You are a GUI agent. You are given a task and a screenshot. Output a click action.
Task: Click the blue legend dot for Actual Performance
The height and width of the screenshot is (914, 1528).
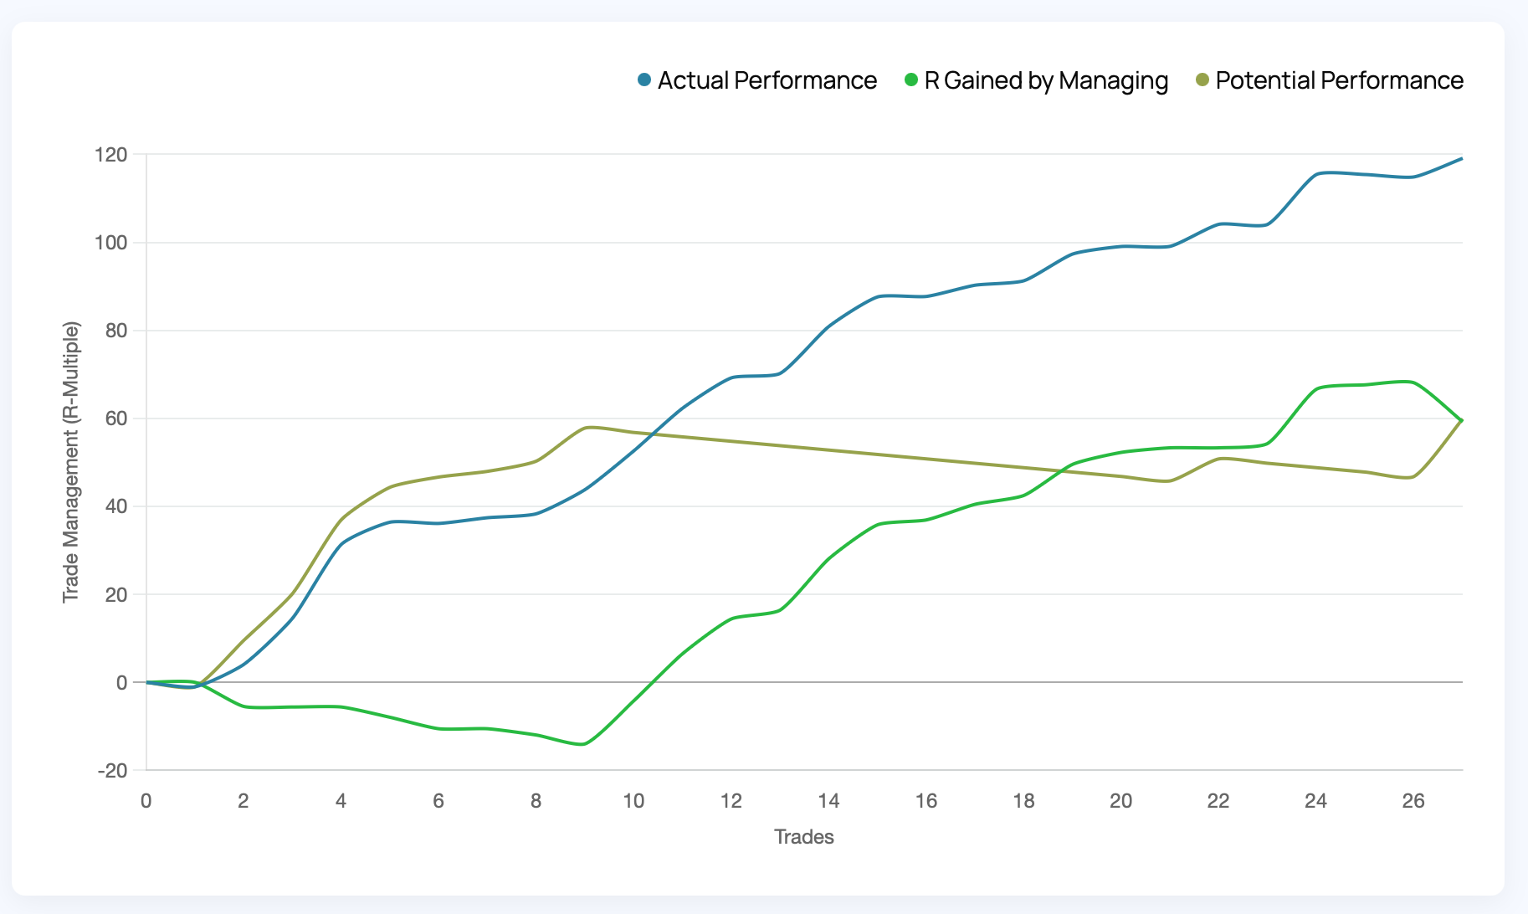[x=644, y=80]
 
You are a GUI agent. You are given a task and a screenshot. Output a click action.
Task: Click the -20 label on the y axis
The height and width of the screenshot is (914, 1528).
[x=112, y=771]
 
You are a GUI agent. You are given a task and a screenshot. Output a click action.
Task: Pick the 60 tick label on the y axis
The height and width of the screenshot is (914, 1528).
[x=117, y=418]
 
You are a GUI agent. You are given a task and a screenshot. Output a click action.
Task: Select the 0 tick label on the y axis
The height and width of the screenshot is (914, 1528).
[x=122, y=683]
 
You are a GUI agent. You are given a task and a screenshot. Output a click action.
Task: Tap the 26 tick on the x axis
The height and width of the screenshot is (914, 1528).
[x=1413, y=801]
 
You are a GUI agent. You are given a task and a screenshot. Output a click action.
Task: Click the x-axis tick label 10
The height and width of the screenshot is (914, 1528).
[x=633, y=801]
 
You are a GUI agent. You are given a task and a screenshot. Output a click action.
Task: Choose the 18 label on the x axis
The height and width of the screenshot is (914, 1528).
[x=1023, y=801]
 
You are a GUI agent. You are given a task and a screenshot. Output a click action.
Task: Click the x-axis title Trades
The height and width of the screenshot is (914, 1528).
[x=804, y=837]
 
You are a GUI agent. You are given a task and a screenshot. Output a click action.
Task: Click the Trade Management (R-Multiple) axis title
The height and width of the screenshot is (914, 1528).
[x=70, y=462]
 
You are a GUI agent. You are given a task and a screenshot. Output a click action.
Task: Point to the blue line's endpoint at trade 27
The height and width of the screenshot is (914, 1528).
[x=1461, y=158]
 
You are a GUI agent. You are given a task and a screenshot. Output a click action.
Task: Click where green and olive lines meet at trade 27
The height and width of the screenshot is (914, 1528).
[x=1461, y=420]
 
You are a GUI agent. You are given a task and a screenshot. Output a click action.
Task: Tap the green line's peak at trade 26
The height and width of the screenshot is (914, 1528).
[x=1411, y=382]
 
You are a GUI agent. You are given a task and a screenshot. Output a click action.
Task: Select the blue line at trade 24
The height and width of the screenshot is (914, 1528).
[x=1316, y=175]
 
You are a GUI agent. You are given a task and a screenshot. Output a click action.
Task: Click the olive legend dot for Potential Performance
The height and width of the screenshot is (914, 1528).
[x=1202, y=80]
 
